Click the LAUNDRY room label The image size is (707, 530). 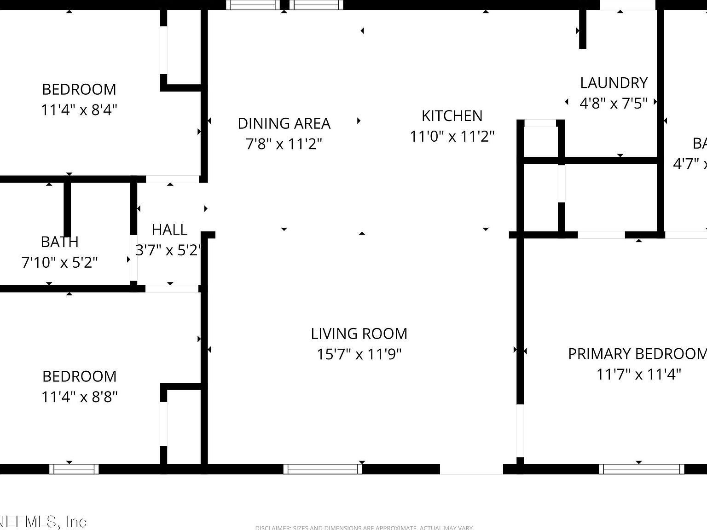(x=614, y=83)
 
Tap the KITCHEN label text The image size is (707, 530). (x=452, y=116)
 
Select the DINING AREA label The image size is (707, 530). (x=284, y=123)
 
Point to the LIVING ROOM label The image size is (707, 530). (x=359, y=334)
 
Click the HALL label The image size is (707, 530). (x=169, y=230)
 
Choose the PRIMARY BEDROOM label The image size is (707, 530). (x=637, y=354)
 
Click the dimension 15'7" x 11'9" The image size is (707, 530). (x=359, y=354)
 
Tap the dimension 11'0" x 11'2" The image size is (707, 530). (x=452, y=137)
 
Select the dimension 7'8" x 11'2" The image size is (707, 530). (x=284, y=144)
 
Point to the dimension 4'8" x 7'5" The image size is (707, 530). (x=614, y=103)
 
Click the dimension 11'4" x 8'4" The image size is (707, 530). (x=79, y=110)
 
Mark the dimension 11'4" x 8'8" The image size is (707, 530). (x=79, y=397)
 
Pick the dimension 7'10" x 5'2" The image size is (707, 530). (x=60, y=262)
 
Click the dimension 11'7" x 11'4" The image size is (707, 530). (x=638, y=374)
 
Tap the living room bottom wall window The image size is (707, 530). (x=323, y=469)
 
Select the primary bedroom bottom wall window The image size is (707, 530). (x=641, y=469)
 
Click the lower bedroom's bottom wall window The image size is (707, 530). (x=74, y=469)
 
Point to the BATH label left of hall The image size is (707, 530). (x=60, y=242)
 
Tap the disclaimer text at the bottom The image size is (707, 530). (x=364, y=527)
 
